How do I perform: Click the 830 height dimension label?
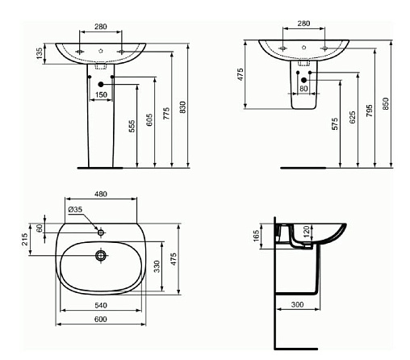182,107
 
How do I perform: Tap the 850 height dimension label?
386,103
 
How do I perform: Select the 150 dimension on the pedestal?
101,94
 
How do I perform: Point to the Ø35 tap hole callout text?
75,209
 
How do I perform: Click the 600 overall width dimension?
101,319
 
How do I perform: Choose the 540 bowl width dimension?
101,305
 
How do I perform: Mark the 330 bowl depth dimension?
157,266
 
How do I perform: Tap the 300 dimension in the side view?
297,304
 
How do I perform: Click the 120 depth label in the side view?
307,232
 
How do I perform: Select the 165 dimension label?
257,236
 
